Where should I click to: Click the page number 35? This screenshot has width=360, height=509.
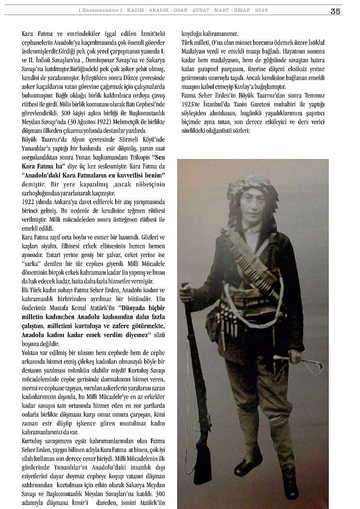point(336,12)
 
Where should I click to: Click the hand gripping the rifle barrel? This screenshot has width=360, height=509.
point(186,292)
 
